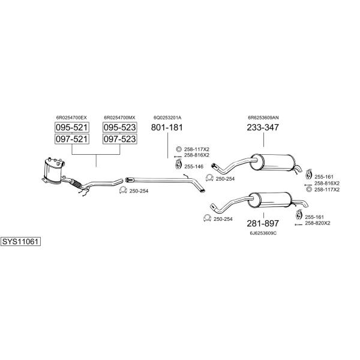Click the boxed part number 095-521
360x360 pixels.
[72, 127]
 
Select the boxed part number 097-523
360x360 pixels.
[119, 139]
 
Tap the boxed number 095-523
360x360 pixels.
[119, 127]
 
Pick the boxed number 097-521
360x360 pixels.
[72, 139]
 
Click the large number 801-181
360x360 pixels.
[167, 127]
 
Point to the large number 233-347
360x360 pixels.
[263, 127]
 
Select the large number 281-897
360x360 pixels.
[263, 223]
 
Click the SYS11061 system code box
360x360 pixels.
[20, 242]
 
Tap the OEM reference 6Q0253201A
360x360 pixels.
[167, 118]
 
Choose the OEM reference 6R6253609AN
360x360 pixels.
[263, 118]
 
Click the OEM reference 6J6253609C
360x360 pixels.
[263, 233]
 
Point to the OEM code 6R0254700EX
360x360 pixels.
[71, 118]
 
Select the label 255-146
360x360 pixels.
[194, 167]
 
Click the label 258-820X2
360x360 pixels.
[317, 223]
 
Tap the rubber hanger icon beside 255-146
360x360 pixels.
[178, 164]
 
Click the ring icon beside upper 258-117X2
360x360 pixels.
[179, 149]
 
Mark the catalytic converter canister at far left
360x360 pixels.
[54, 171]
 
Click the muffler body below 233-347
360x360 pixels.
[272, 163]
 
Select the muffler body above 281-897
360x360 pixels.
[270, 200]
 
